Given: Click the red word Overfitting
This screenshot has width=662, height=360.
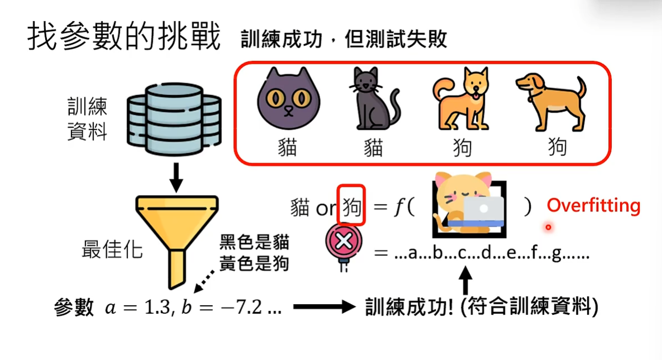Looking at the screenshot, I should point(593,206).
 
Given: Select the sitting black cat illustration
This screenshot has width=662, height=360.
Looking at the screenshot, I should point(373,101).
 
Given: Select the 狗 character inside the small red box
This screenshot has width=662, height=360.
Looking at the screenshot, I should point(352,207).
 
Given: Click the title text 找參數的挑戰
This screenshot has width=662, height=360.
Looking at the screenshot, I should point(123,36).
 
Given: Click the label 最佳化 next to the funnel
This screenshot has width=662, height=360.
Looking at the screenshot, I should point(112,249).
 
